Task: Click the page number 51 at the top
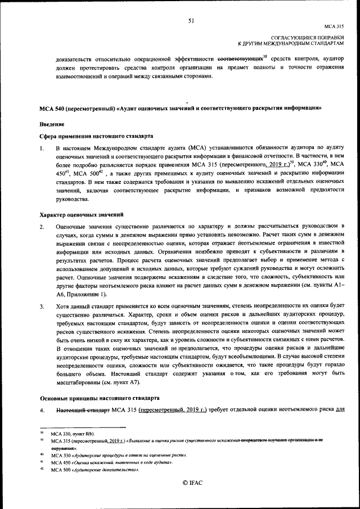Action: [x=191, y=21]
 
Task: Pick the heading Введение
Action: [x=52, y=124]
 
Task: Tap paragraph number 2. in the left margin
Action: [x=42, y=227]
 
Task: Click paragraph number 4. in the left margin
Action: [x=42, y=411]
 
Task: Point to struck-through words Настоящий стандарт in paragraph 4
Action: [x=83, y=411]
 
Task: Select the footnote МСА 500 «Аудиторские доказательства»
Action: [x=94, y=469]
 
